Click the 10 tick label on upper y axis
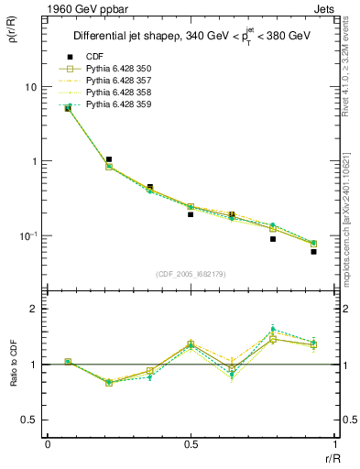[30, 87]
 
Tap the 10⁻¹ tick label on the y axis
[27, 235]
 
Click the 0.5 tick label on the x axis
[191, 443]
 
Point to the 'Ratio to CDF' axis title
[14, 365]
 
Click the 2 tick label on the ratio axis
[34, 310]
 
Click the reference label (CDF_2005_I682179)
[191, 274]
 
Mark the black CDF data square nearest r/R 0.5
[191, 214]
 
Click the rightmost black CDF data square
[313, 251]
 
